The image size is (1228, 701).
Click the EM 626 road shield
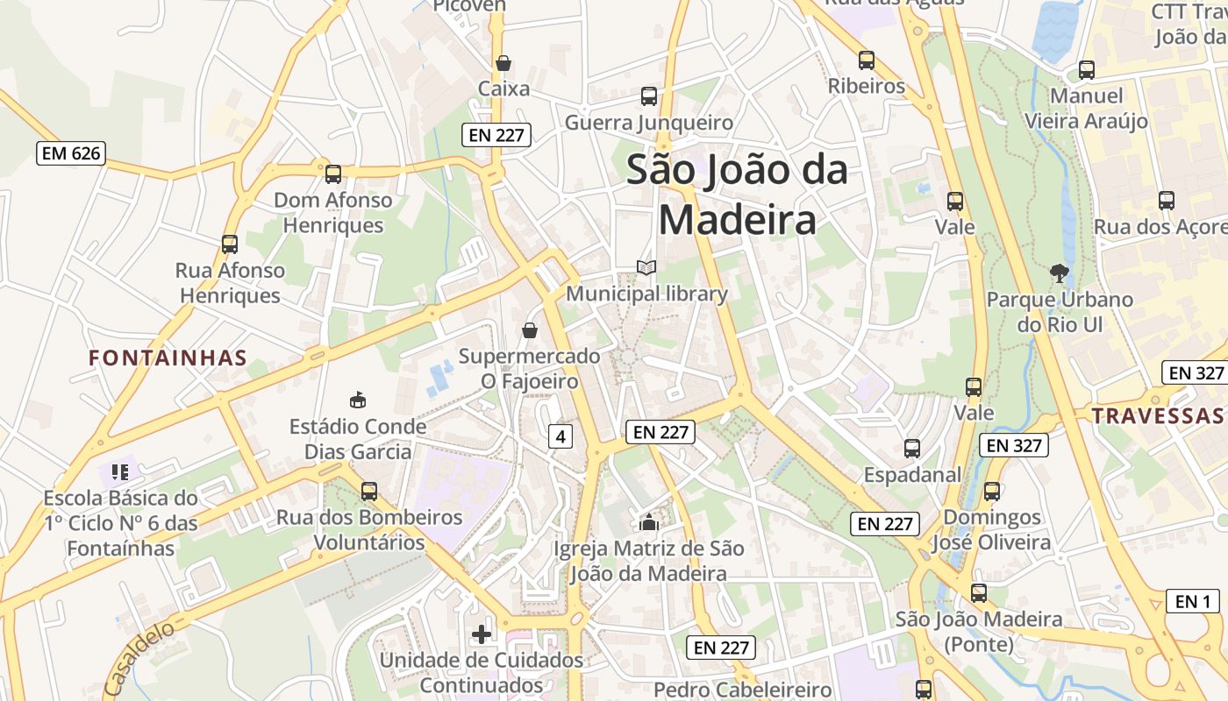point(71,153)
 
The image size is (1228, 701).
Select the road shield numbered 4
point(560,435)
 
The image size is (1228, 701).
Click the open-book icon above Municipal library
point(646,267)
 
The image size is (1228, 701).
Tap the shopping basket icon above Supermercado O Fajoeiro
point(530,330)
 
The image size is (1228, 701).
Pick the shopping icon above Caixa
point(503,63)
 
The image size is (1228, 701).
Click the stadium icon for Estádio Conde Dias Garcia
point(357,400)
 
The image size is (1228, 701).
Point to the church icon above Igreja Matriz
point(648,523)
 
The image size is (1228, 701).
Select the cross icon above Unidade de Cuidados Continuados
point(482,634)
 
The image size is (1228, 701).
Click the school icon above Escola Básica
point(120,472)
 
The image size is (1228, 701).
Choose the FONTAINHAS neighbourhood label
point(168,358)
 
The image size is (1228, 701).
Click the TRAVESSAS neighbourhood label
point(1159,415)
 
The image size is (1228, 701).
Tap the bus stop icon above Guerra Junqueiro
point(649,96)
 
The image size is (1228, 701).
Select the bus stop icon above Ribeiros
point(867,60)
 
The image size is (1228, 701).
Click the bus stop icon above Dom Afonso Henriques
point(333,173)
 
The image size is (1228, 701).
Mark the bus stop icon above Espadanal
point(912,449)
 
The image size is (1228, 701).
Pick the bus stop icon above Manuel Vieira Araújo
point(1087,70)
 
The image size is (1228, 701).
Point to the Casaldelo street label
point(139,658)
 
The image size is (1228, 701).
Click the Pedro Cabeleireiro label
point(742,690)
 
